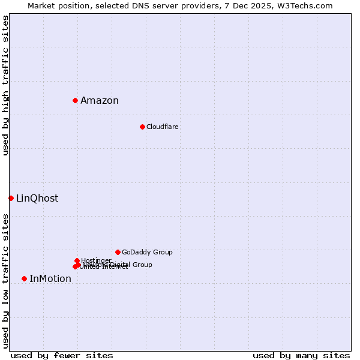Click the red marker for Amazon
pos(75,100)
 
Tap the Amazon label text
pos(100,101)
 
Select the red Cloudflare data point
pos(142,127)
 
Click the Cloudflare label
pos(163,127)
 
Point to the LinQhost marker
pos(11,198)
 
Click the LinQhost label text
pos(37,199)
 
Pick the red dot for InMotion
pos(24,278)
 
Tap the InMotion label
pos(50,279)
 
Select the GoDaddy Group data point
pos(118,252)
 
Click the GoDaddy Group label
pos(147,253)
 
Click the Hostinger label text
pos(96,260)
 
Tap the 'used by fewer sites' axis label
pos(62,355)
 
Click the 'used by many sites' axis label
pos(301,355)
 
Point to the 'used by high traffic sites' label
pos(6,85)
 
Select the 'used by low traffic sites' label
pos(6,281)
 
